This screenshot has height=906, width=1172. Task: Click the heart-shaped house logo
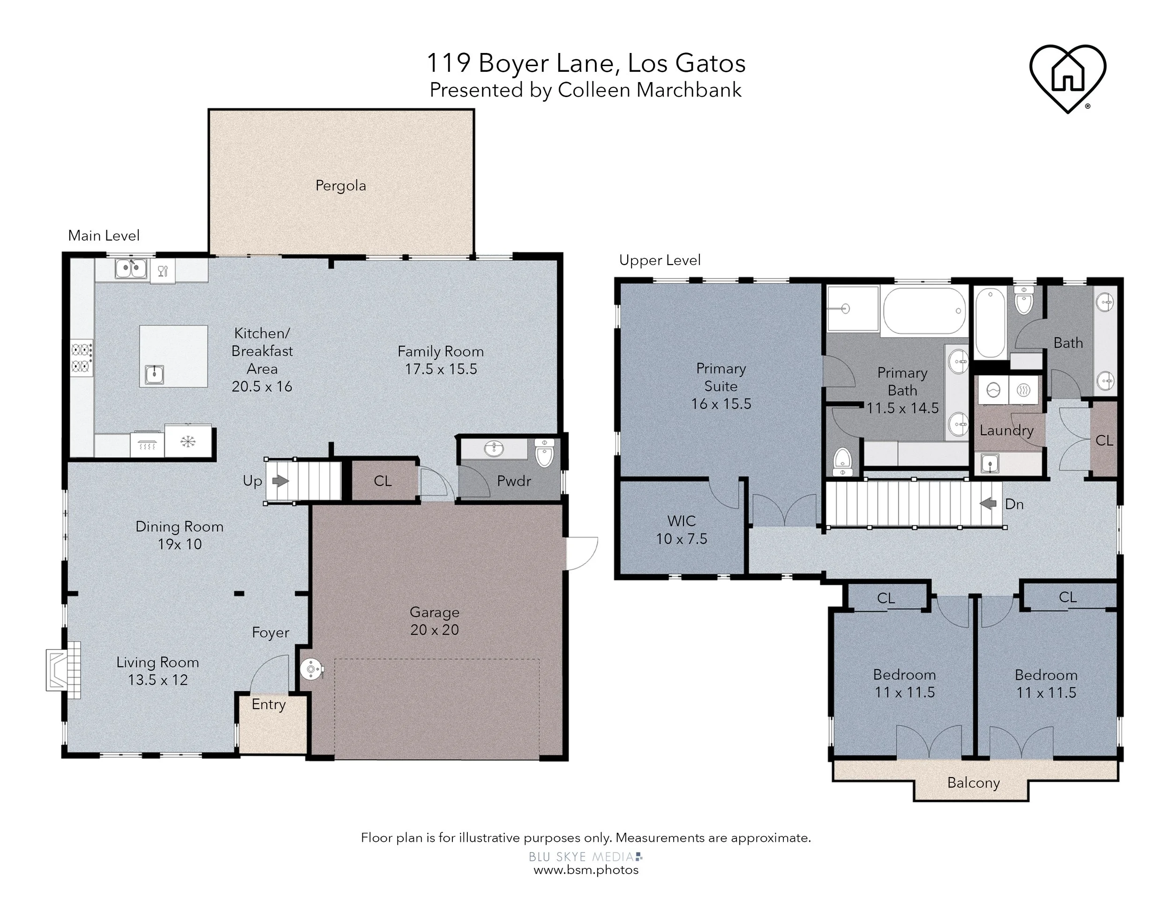click(x=1067, y=78)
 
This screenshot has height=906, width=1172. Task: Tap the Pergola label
click(x=341, y=186)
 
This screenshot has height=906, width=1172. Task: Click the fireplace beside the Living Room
click(x=63, y=670)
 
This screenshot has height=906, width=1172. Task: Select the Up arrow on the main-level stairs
click(x=280, y=481)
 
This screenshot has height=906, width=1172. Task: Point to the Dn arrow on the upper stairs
click(x=988, y=504)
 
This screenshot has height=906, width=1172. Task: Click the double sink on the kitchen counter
click(x=131, y=268)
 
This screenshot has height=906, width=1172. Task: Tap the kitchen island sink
click(x=155, y=374)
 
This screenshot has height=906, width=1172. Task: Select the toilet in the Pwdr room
click(x=545, y=453)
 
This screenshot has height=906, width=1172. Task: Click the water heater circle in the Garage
click(x=311, y=669)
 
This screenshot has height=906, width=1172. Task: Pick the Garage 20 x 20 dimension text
click(x=435, y=630)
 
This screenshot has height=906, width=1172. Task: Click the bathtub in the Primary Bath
click(x=924, y=311)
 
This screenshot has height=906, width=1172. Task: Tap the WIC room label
click(x=682, y=521)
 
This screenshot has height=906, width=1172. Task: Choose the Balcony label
click(x=973, y=783)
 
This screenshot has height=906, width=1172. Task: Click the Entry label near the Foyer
click(x=269, y=705)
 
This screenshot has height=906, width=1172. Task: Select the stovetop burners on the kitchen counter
click(x=82, y=358)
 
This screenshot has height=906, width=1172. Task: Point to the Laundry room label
click(x=1007, y=430)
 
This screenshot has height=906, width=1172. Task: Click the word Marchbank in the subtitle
click(x=689, y=90)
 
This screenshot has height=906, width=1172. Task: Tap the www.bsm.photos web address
click(x=586, y=870)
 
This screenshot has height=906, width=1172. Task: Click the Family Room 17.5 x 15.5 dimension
click(x=441, y=369)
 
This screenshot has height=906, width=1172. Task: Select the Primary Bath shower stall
click(x=853, y=309)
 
